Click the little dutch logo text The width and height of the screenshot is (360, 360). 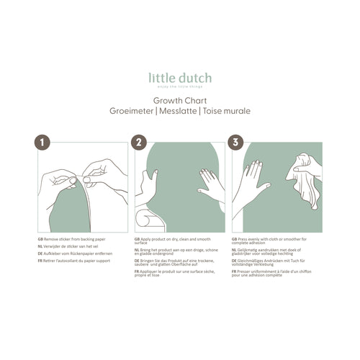point(180,78)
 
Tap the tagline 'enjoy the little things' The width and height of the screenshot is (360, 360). point(180,86)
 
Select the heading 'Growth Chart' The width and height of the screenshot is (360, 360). point(180,102)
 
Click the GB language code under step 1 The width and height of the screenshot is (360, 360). point(40,238)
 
